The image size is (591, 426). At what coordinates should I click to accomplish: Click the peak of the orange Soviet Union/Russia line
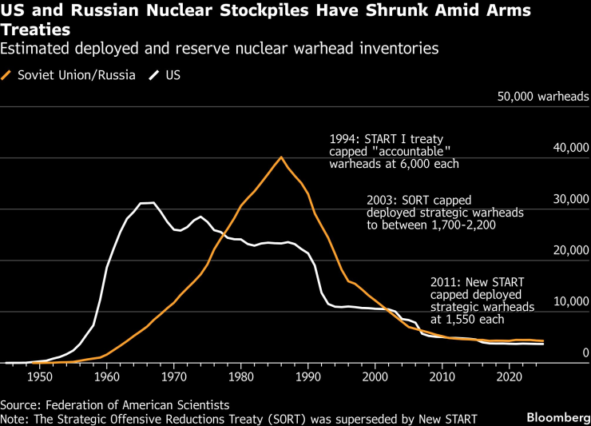pos(281,157)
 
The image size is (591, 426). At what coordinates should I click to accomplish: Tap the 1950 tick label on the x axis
pos(40,376)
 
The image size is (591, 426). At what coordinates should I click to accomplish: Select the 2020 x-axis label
pos(508,376)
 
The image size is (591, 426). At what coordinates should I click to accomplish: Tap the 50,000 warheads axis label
pos(540,97)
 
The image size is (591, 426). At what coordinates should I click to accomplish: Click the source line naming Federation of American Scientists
pos(114,404)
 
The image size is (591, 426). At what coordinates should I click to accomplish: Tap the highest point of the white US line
pos(153,203)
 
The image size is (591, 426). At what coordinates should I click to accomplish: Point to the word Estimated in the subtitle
pos(34,49)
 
